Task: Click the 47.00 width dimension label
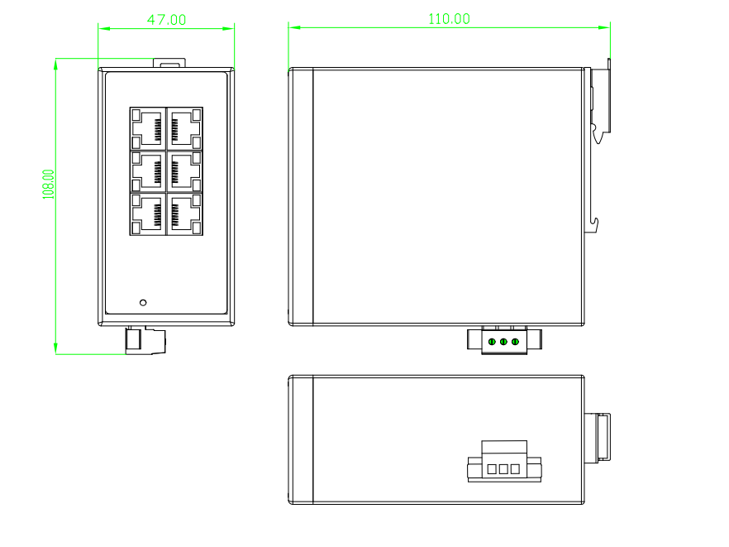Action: pyautogui.click(x=166, y=20)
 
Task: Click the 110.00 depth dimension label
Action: pyautogui.click(x=449, y=19)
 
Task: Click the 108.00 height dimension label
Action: pyautogui.click(x=48, y=185)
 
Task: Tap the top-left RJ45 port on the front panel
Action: pyautogui.click(x=148, y=128)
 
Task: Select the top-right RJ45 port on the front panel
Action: pyautogui.click(x=184, y=128)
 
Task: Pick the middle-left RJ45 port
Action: pyautogui.click(x=148, y=171)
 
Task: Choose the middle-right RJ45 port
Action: pyautogui.click(x=184, y=171)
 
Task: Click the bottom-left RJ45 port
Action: pyautogui.click(x=148, y=214)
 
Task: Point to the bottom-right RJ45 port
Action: pyautogui.click(x=184, y=214)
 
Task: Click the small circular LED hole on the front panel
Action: pyautogui.click(x=143, y=303)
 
